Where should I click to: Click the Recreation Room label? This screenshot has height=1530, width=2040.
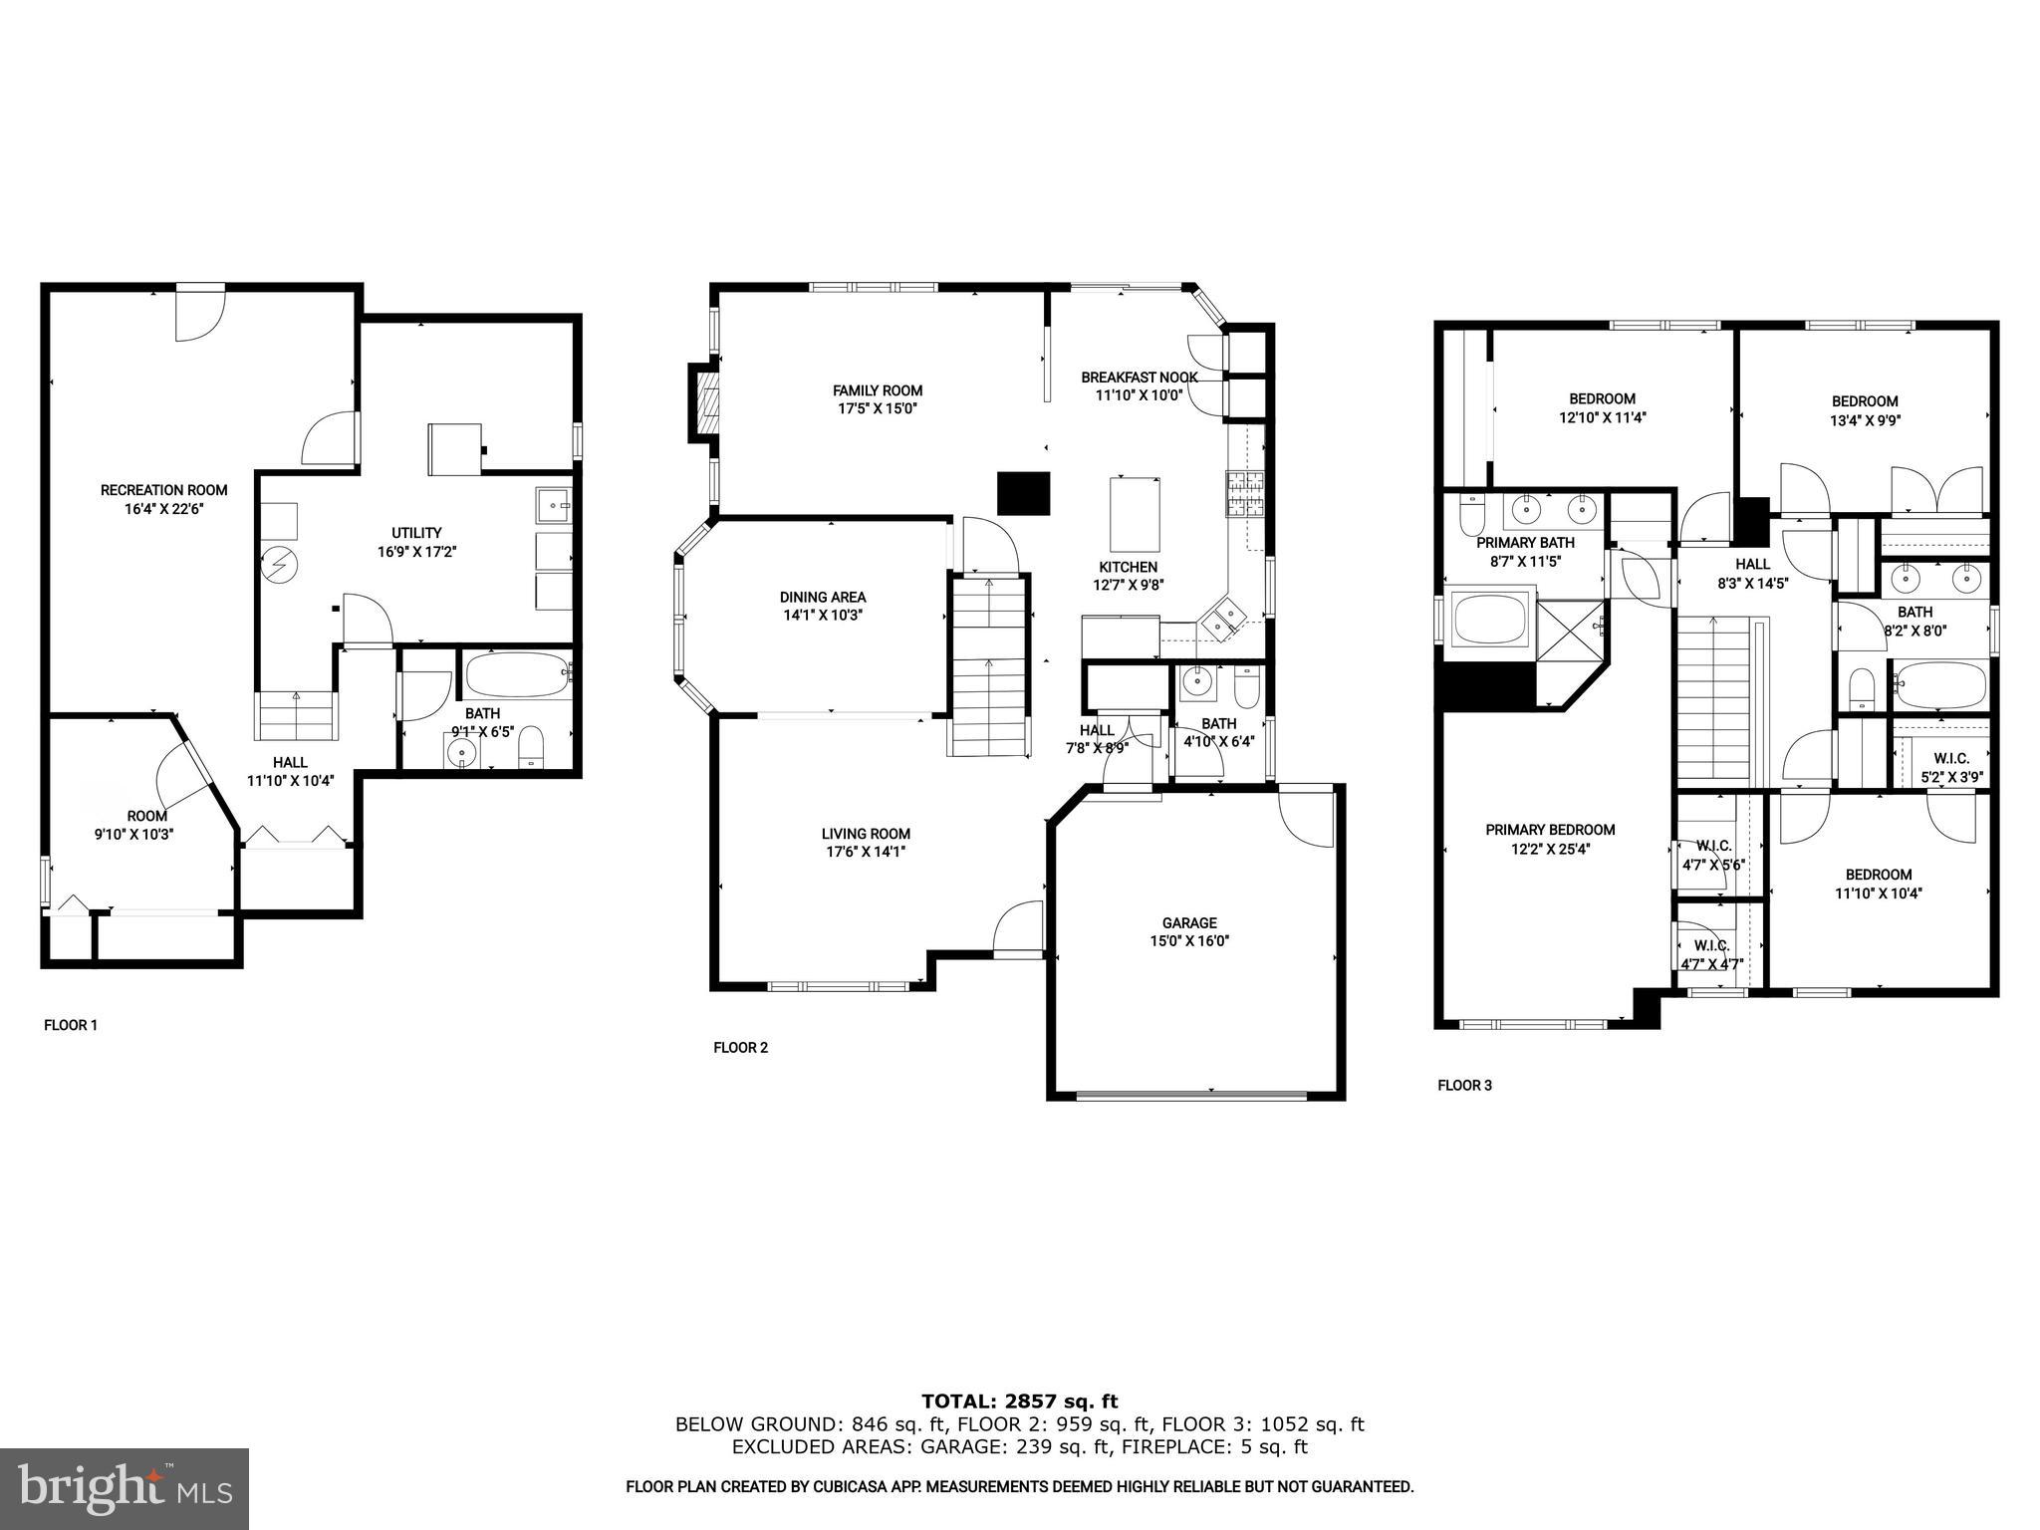click(163, 490)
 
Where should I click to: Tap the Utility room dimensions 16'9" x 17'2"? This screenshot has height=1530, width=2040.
click(416, 551)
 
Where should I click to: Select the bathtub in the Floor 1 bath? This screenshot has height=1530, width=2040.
click(516, 675)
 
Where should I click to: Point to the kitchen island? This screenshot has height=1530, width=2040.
click(1136, 514)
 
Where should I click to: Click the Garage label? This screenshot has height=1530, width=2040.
click(1189, 922)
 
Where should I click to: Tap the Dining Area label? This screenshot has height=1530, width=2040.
click(823, 597)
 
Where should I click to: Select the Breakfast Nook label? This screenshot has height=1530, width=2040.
click(1140, 378)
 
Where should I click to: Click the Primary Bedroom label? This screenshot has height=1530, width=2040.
click(1550, 830)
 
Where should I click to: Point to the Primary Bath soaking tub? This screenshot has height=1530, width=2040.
click(1491, 619)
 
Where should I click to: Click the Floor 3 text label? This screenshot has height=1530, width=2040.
click(1464, 1086)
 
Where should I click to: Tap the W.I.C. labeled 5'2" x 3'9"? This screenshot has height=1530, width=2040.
click(1950, 768)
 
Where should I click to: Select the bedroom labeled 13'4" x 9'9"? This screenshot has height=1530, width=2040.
click(1865, 410)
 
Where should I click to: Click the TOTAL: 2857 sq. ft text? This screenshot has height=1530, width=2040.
click(1019, 1402)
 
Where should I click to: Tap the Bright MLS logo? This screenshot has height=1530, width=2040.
click(125, 1488)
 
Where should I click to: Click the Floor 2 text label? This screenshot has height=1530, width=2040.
click(740, 1047)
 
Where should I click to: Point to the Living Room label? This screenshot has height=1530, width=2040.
click(866, 834)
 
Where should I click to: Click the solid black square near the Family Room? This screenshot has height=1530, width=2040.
click(1024, 493)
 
